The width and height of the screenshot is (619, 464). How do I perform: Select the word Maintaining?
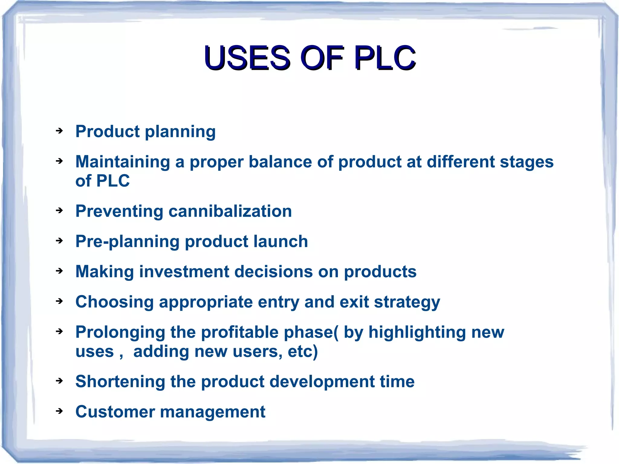point(122,162)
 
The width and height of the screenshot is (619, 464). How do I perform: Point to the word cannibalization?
point(230,211)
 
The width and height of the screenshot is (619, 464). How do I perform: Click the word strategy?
point(407,302)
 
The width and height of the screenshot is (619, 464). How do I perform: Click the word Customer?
point(115,412)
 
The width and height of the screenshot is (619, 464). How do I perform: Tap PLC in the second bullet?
point(113,181)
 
